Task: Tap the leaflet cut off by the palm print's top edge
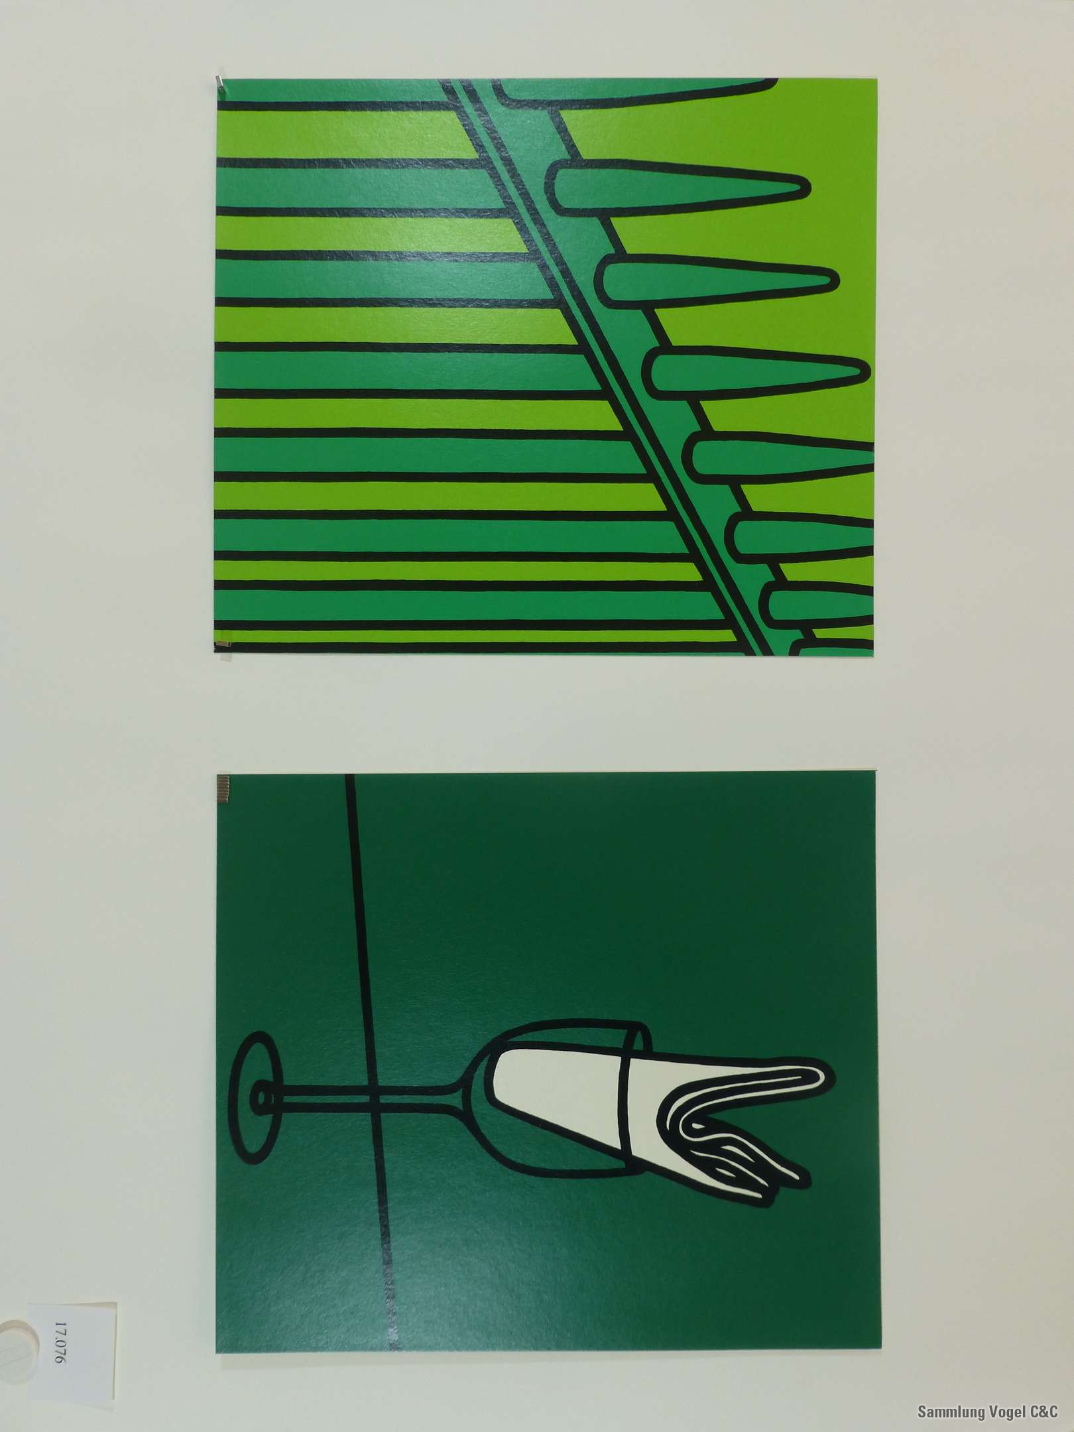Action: [636, 93]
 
